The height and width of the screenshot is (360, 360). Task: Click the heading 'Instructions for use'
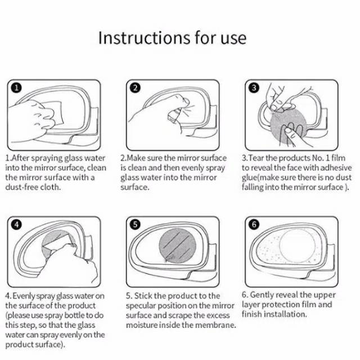pos(172,38)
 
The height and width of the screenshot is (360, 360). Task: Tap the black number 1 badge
pos(16,88)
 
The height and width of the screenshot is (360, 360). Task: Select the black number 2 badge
pos(135,88)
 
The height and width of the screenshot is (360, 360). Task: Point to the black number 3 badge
pos(254,88)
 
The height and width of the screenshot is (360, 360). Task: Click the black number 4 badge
pos(16,224)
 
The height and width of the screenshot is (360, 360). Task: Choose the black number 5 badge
pos(135,224)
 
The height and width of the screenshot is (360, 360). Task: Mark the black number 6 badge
pos(254,224)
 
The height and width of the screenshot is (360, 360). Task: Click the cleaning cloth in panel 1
pos(54,112)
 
